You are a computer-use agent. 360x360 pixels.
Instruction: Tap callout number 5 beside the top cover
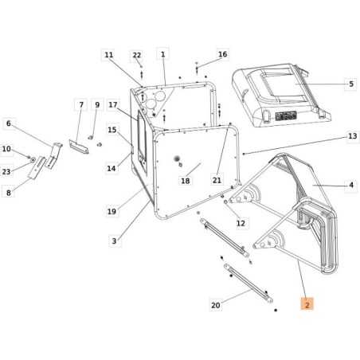pos(350,83)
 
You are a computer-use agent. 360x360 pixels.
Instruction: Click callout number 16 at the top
pos(222,55)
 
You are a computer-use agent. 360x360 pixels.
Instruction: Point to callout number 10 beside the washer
pos(6,149)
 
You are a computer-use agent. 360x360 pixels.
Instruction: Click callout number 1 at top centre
pos(162,55)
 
